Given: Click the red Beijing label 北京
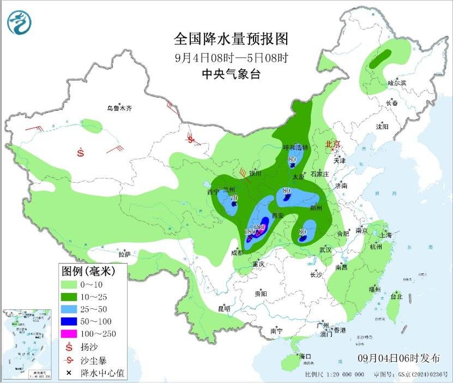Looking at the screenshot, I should tap(332, 144).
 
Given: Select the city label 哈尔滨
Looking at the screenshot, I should tap(396, 83).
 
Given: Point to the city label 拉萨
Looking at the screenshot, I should tap(124, 254).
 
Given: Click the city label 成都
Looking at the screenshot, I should tap(237, 252).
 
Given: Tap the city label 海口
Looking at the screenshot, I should tap(304, 356).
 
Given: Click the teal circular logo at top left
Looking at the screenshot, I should tap(19, 22).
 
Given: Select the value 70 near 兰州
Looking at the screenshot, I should tap(234, 198).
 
